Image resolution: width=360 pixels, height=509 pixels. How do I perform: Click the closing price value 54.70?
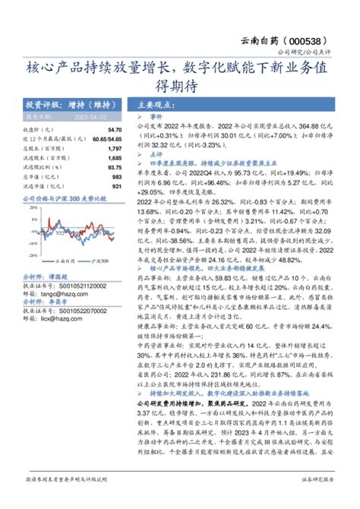click(x=115, y=130)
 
